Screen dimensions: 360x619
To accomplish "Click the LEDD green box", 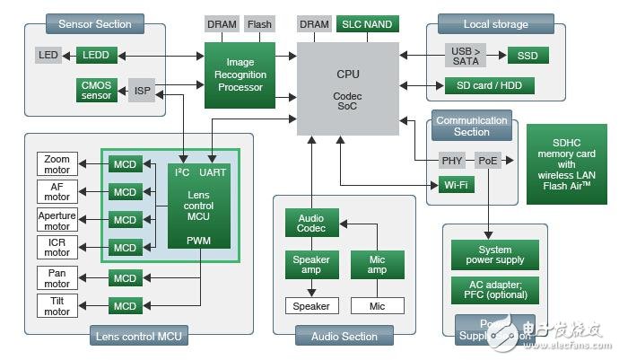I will (x=97, y=56).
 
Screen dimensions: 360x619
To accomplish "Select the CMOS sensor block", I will (x=97, y=90).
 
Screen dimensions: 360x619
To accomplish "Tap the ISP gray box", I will (x=142, y=90).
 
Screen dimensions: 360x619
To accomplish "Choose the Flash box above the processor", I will (x=259, y=24).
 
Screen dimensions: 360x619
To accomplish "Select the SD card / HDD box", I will (x=490, y=86).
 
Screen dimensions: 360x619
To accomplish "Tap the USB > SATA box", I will (x=466, y=56).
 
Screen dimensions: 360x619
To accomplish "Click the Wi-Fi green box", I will (x=458, y=186).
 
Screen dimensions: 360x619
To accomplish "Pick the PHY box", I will (x=453, y=161).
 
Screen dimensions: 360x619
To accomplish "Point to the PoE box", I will (x=487, y=161).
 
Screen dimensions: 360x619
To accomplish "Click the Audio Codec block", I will (x=312, y=223).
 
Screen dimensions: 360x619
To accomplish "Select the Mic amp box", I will (x=377, y=265).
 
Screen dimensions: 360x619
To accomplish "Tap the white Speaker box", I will (x=312, y=306).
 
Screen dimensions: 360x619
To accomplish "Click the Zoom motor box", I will (x=57, y=164).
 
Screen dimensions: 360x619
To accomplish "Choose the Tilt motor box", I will (x=57, y=306).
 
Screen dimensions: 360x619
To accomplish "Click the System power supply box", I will (x=495, y=256).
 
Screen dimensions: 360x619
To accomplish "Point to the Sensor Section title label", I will (x=94, y=23).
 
